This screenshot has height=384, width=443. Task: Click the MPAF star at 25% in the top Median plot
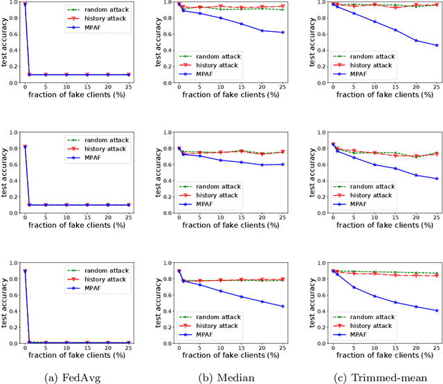tap(283, 33)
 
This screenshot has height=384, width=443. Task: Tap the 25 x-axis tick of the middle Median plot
tap(283, 219)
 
